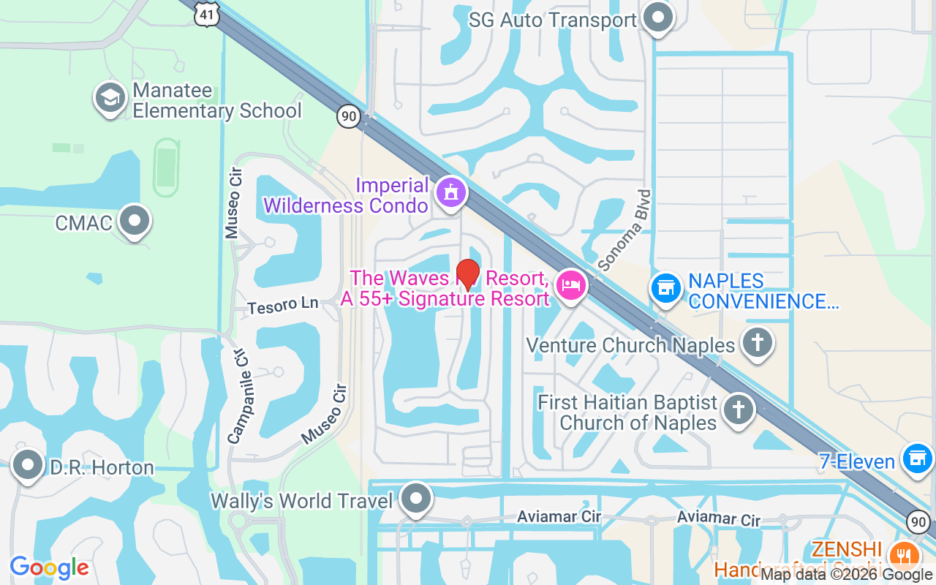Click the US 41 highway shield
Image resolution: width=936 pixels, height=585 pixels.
(x=207, y=14)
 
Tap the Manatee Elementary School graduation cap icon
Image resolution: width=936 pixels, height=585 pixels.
(x=111, y=99)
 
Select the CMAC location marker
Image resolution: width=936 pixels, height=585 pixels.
(x=134, y=221)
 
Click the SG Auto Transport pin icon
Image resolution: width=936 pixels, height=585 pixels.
(x=658, y=18)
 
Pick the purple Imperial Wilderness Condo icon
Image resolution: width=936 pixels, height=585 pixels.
(x=451, y=194)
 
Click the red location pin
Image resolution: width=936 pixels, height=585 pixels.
(x=467, y=273)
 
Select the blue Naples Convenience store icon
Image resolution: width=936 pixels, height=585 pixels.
(x=665, y=288)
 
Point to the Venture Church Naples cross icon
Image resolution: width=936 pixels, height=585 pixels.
(x=758, y=342)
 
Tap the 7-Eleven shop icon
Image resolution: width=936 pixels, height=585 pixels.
(x=918, y=459)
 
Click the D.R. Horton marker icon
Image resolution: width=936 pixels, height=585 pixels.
(x=29, y=466)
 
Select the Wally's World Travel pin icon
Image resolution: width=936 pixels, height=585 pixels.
(x=417, y=499)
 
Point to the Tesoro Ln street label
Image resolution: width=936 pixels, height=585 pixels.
(x=283, y=305)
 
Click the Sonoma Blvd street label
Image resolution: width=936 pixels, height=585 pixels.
(x=624, y=230)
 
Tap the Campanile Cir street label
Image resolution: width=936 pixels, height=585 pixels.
(x=238, y=398)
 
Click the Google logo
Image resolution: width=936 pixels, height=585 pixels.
(x=49, y=567)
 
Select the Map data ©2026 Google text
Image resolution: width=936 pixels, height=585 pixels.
(x=846, y=575)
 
